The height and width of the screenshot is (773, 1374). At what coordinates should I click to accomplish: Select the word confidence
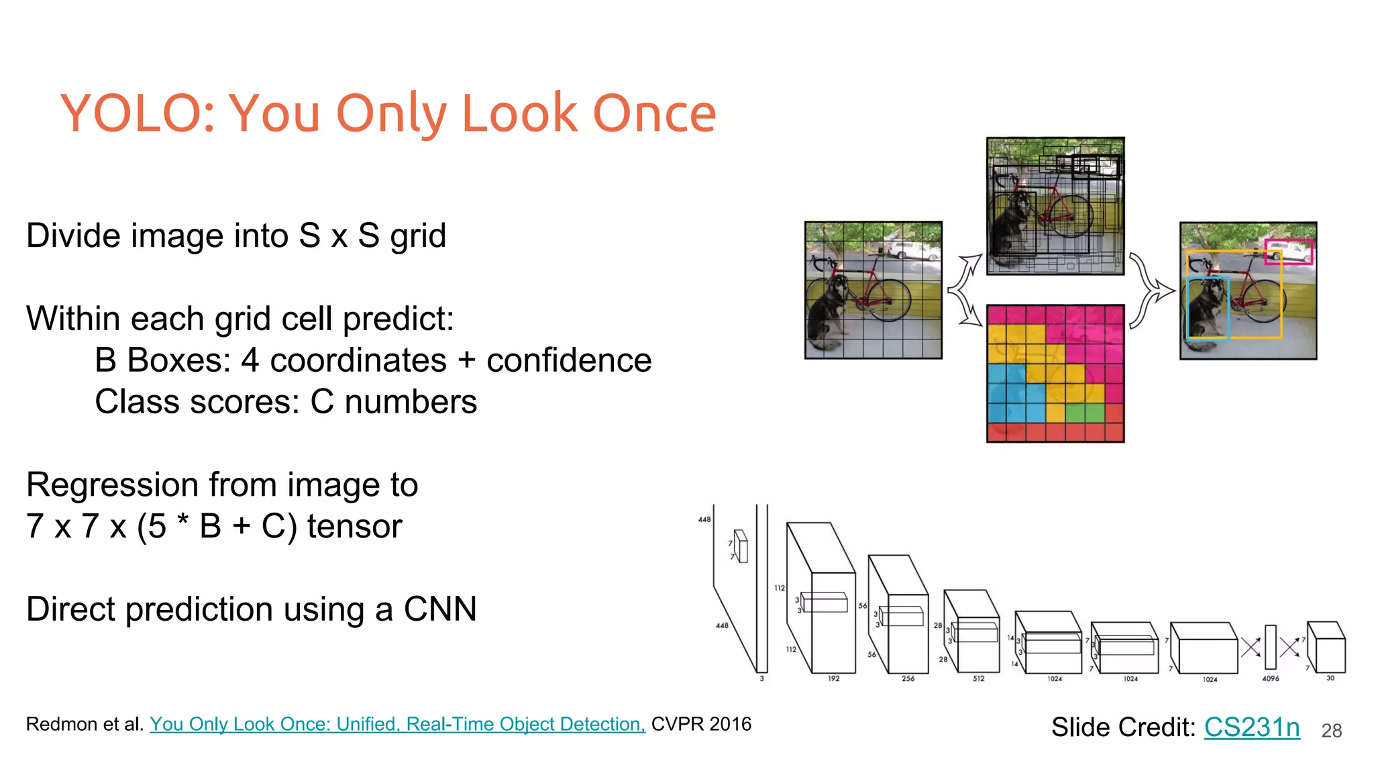pos(569,360)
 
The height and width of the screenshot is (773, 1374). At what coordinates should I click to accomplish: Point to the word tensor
pos(354,526)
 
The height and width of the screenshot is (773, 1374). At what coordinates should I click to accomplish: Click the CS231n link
pos(1252,727)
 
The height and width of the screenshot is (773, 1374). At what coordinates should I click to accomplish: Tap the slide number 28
pos(1331,731)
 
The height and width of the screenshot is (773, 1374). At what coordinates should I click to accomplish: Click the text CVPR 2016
pos(701,724)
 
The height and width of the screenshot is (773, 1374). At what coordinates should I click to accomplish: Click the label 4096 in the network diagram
pos(1270,678)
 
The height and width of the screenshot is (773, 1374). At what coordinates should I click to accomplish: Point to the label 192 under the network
pos(833,678)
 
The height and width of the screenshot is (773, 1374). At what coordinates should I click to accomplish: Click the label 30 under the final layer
pos(1330,678)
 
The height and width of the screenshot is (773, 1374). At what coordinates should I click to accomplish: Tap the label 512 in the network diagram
pos(979,678)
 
